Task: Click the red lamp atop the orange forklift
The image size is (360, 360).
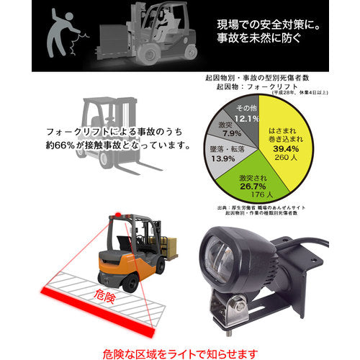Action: (113, 215)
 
